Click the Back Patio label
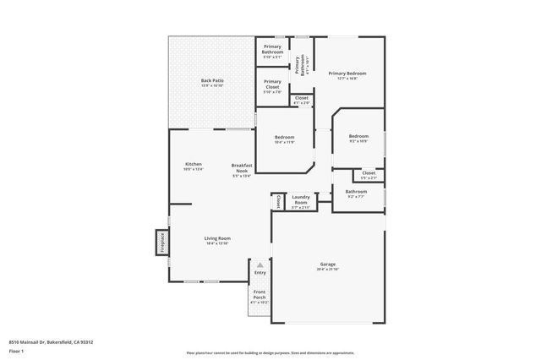pyautogui.click(x=211, y=83)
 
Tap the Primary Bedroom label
pyautogui.click(x=348, y=75)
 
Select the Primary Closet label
pyautogui.click(x=272, y=84)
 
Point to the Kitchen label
pyautogui.click(x=194, y=166)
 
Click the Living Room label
pyautogui.click(x=217, y=240)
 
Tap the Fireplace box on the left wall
pyautogui.click(x=161, y=242)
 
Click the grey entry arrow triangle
pyautogui.click(x=260, y=265)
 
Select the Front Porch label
pyautogui.click(x=260, y=297)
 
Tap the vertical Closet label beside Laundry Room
pyautogui.click(x=277, y=201)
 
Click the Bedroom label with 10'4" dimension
pyautogui.click(x=284, y=139)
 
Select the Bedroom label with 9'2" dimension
pyautogui.click(x=359, y=138)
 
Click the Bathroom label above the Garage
pyautogui.click(x=356, y=194)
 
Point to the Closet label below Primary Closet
pyautogui.click(x=301, y=100)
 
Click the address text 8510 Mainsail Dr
pyautogui.click(x=51, y=342)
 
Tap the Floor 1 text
pyautogui.click(x=17, y=350)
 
